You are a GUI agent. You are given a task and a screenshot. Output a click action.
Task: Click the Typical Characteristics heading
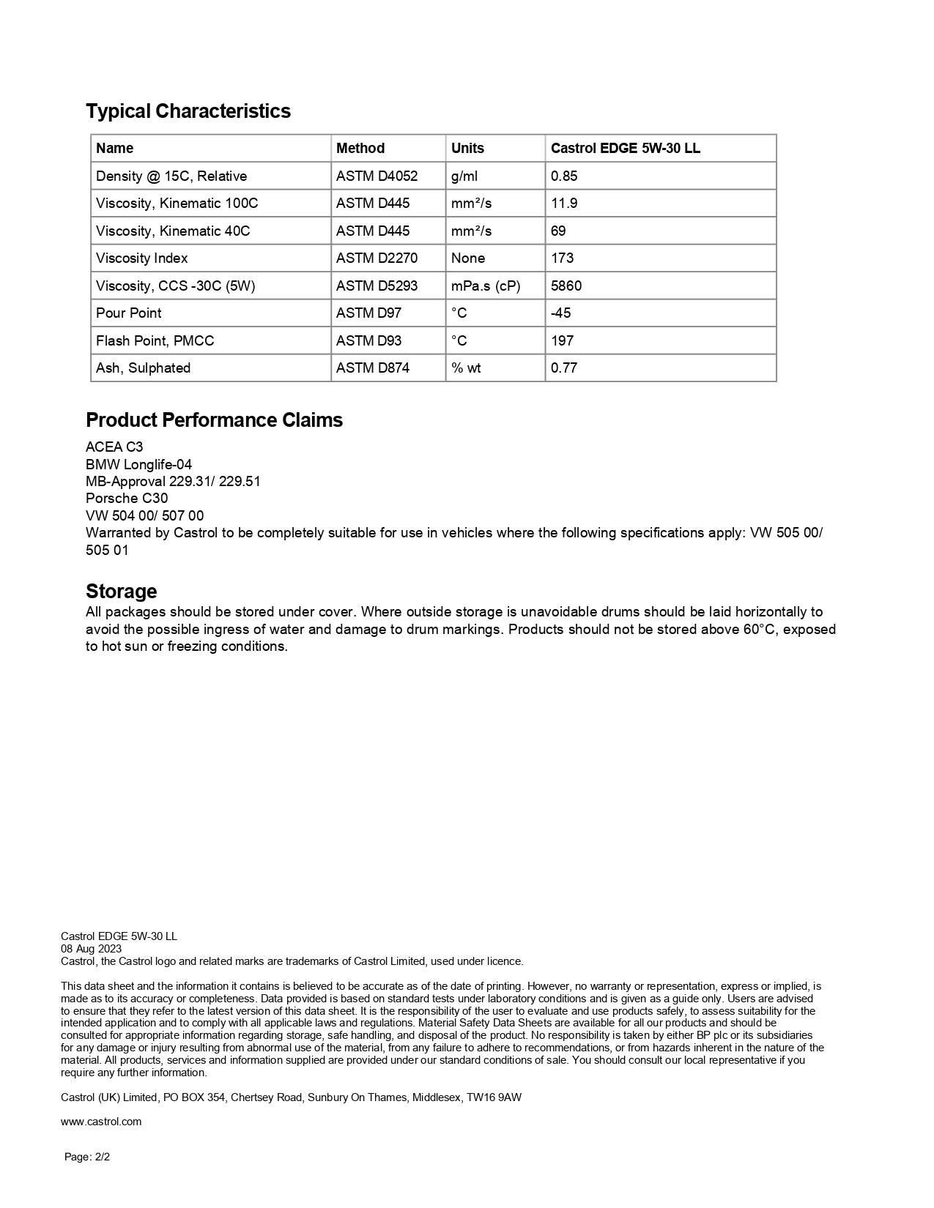tap(188, 111)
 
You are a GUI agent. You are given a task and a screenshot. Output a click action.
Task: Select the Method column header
tap(360, 148)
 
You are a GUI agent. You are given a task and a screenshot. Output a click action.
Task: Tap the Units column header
tap(467, 148)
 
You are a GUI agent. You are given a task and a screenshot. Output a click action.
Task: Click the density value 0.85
tap(564, 176)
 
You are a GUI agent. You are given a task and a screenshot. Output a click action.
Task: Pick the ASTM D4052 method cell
tap(377, 176)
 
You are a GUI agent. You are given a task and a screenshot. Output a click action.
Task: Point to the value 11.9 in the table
tap(564, 203)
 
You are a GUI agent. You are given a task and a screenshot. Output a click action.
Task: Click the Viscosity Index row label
tap(141, 258)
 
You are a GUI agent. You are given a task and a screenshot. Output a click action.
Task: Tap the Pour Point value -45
tap(560, 313)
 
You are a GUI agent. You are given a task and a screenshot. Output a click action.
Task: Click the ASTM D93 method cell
tap(368, 340)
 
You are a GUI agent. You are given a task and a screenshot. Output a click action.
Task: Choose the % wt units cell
tap(466, 368)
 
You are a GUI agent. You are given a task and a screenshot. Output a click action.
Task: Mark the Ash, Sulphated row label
tap(143, 368)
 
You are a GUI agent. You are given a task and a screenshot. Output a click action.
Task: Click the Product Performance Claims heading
tap(214, 420)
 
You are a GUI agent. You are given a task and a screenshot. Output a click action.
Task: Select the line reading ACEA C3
tap(114, 447)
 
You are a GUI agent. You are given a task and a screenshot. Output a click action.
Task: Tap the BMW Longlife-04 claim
tap(138, 464)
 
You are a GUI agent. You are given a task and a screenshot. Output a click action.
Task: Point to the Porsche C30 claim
tap(127, 498)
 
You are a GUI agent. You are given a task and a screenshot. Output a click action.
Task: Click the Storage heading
tap(121, 591)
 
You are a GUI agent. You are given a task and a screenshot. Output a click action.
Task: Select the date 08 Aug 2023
tap(91, 948)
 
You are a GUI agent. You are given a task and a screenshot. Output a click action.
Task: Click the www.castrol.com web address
tap(101, 1121)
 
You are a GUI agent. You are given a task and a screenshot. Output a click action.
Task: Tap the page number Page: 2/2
tap(87, 1157)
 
